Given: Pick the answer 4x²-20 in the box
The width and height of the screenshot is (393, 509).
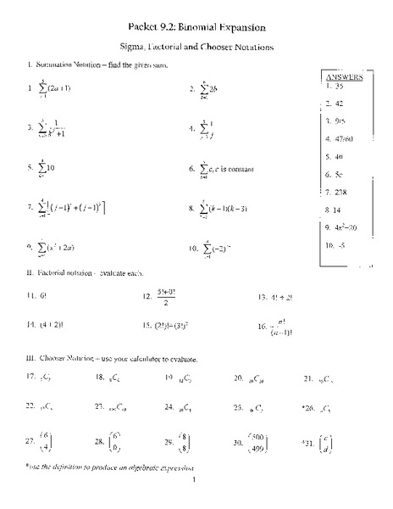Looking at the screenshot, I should pos(346,227).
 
